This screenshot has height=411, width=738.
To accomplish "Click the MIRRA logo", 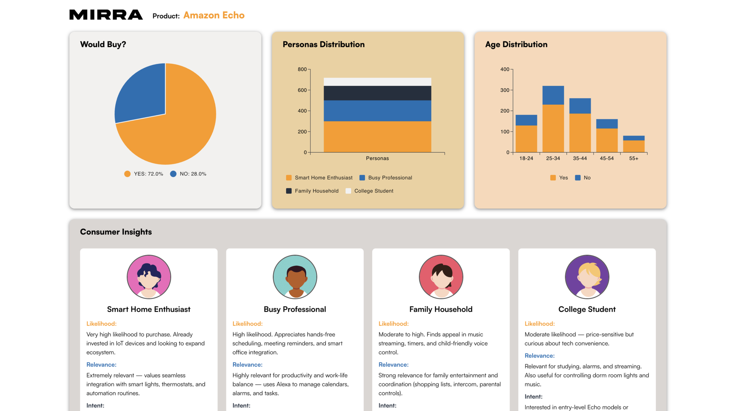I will coord(106,15).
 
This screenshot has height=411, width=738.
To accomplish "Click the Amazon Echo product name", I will coord(214,15).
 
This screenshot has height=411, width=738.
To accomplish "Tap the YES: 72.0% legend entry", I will coord(144,174).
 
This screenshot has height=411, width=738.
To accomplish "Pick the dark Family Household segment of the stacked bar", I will coord(377,93).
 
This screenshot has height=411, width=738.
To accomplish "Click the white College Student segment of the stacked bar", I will coord(377,82).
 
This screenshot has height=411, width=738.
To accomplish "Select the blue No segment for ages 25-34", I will coord(553,95).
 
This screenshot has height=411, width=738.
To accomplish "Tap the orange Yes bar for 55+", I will coord(633,146).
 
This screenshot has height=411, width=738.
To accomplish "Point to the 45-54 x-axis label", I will coord(606,158).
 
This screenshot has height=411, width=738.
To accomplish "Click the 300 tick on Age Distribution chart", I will coord(504,90).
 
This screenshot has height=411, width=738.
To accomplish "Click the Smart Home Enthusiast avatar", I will coord(149,277).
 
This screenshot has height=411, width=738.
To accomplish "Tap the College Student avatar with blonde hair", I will coord(587,277).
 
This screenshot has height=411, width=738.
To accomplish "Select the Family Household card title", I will coord(441,309).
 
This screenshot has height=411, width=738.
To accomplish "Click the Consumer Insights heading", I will coord(116,232).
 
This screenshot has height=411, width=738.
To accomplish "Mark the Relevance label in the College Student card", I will coord(539,356).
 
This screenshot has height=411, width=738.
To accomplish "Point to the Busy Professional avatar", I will coord(295,277).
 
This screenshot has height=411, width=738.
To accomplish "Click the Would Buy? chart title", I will coord(103,44).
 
